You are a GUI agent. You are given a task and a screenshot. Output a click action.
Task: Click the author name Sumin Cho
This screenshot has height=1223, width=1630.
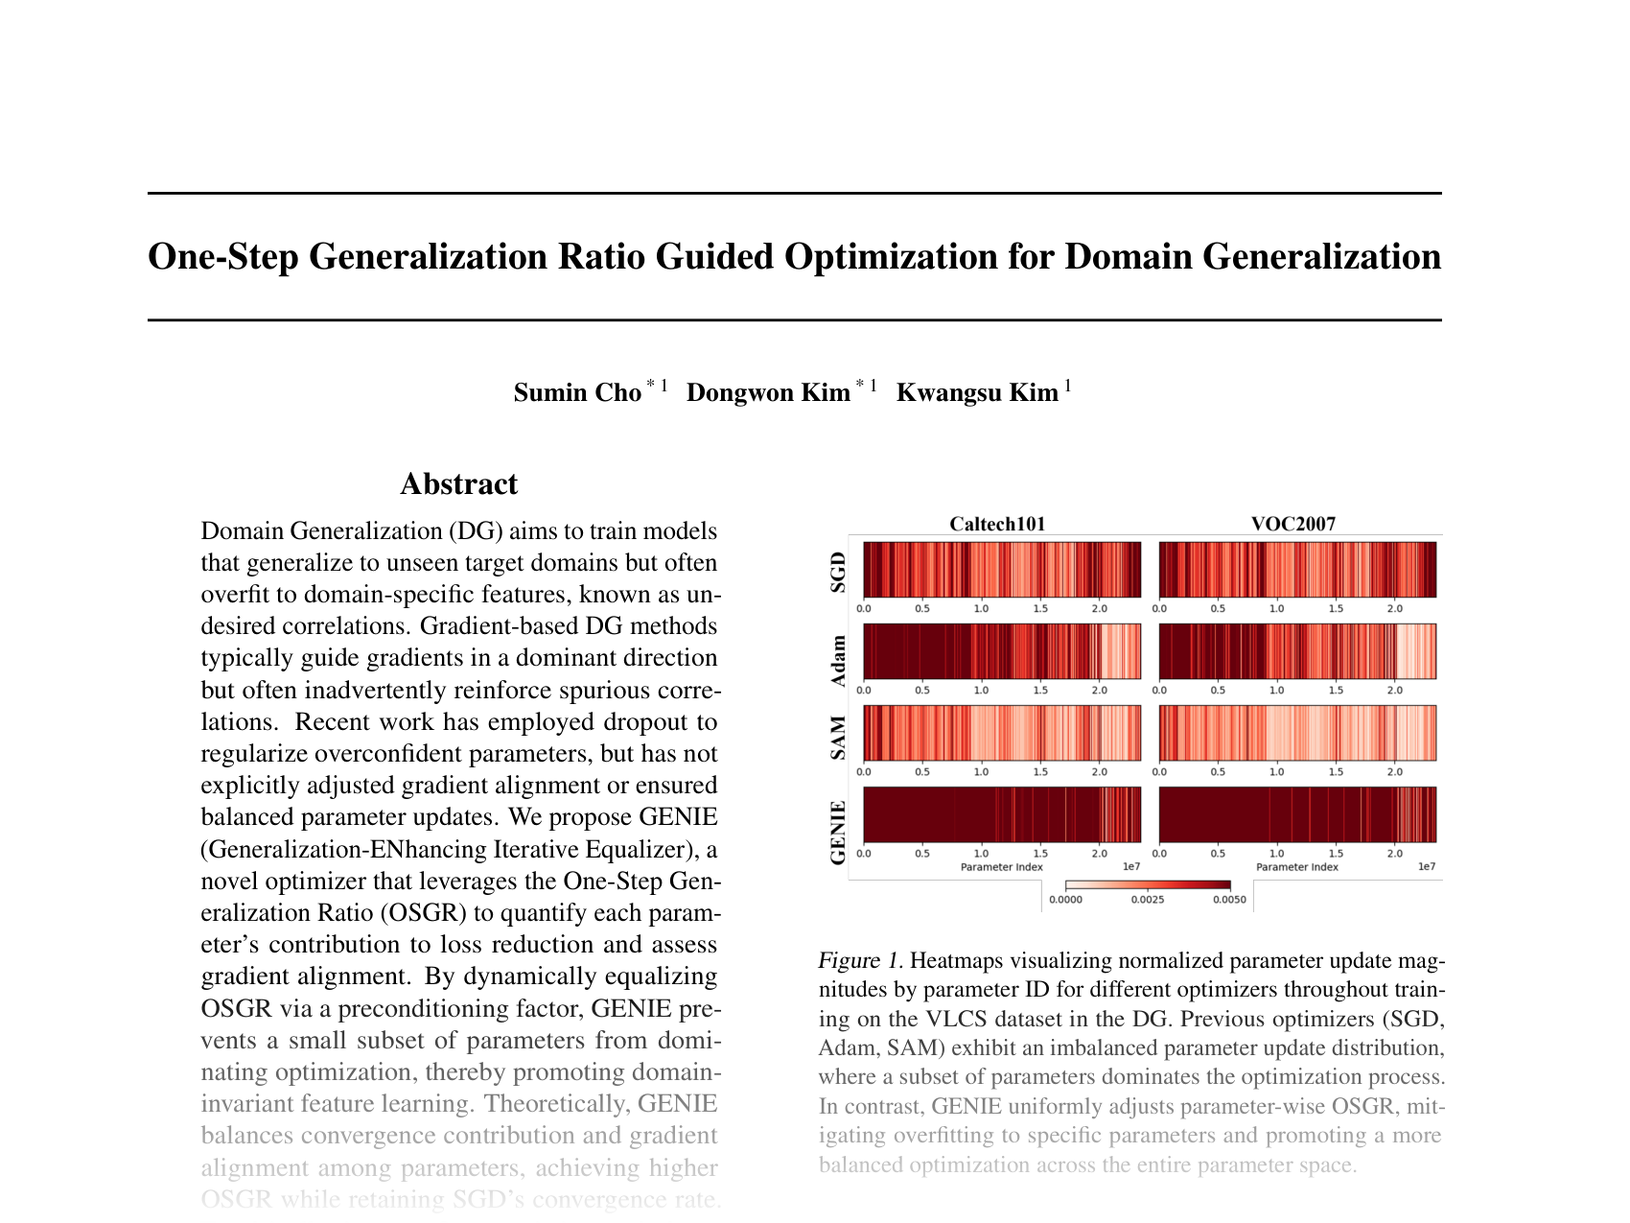point(577,393)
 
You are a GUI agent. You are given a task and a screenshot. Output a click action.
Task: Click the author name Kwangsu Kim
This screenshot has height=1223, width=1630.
point(976,393)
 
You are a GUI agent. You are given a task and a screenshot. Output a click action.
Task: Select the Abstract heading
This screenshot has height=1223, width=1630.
point(458,484)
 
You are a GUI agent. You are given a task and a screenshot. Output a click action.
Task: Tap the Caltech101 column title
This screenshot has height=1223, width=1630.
point(997,524)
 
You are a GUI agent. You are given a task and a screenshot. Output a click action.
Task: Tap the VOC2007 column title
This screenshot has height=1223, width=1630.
point(1292,524)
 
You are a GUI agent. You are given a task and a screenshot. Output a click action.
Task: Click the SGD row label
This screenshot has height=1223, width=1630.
point(838,572)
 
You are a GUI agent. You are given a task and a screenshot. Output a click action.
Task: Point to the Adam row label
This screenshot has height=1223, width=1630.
point(838,661)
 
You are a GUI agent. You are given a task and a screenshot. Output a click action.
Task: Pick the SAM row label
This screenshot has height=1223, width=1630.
point(838,738)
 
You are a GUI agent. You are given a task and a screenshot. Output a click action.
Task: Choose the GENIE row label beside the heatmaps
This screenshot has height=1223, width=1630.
point(838,832)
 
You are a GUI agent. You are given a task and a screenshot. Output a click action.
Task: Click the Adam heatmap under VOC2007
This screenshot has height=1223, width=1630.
point(1297,651)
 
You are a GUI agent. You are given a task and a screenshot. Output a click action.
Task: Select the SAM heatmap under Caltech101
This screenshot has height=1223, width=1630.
point(1002,733)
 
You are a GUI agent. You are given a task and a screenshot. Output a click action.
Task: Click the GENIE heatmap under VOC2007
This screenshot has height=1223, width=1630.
point(1297,814)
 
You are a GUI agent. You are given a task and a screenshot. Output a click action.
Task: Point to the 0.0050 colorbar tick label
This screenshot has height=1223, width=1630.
point(1228,900)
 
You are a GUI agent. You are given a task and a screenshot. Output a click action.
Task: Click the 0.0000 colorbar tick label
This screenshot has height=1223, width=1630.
point(1065,900)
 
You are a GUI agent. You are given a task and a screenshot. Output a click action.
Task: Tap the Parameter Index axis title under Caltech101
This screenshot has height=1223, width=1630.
point(1001,867)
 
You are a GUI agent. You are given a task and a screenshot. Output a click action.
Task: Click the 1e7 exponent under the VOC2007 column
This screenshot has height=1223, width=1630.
point(1427,867)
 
